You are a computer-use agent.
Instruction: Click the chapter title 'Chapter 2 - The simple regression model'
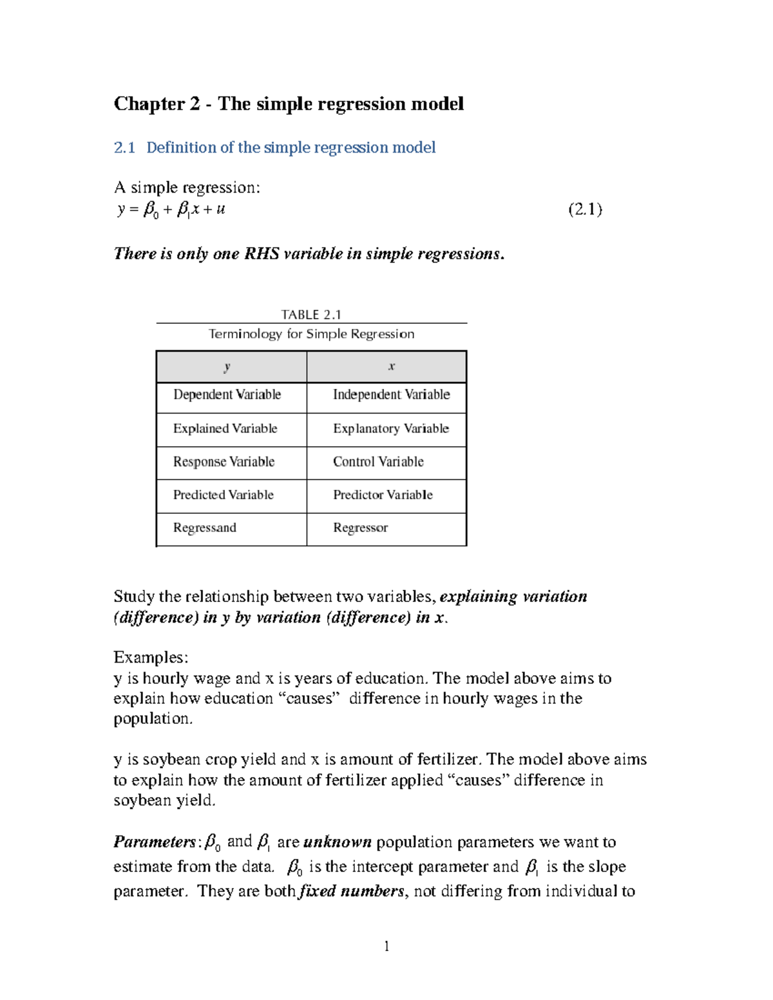289,104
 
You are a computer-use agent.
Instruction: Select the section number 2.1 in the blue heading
124,147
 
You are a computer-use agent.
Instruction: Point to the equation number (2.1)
585,209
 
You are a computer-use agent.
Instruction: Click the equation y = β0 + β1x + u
171,209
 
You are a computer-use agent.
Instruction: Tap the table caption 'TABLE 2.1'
311,314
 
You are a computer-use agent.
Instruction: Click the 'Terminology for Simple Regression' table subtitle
311,334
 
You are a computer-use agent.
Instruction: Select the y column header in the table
227,366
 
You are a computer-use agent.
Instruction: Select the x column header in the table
391,366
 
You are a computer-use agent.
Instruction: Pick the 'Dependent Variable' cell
227,395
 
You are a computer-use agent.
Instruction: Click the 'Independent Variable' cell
391,395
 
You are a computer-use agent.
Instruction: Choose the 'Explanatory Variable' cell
391,429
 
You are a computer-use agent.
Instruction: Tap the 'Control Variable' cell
378,462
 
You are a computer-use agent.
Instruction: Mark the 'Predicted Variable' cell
223,495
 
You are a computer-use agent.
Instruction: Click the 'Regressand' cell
204,528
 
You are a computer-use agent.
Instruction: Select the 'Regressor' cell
360,528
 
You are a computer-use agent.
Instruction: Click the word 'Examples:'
151,657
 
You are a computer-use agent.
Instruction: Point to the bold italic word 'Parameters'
155,842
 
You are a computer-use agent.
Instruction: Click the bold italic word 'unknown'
337,842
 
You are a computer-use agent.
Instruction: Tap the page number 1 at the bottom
386,946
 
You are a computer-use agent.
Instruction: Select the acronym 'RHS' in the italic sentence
262,254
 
